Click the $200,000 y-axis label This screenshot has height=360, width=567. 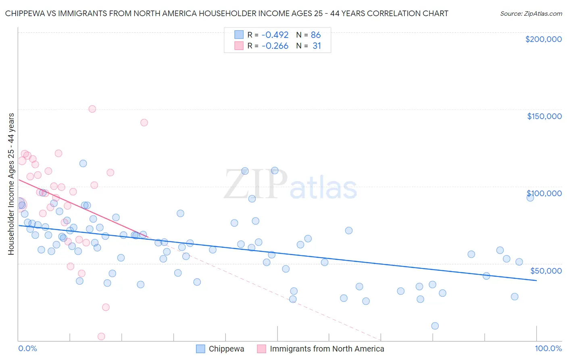(543, 39)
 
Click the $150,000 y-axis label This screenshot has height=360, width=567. (544, 116)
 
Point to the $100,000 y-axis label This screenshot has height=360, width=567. (544, 193)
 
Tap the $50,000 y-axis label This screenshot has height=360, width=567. (546, 270)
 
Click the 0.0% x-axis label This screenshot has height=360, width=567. (27, 348)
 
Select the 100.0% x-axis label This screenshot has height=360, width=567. (548, 348)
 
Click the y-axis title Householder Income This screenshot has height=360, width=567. (11, 184)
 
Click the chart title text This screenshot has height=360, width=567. (227, 13)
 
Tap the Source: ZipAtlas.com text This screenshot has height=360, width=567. (531, 13)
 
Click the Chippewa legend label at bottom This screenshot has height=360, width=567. (226, 349)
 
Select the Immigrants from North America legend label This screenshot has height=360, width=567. (327, 349)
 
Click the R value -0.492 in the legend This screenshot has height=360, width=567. (275, 35)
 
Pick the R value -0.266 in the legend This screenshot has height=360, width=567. (275, 46)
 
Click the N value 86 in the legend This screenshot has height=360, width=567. (316, 35)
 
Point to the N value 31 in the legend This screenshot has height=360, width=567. (317, 46)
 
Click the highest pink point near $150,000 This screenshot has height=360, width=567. (92, 109)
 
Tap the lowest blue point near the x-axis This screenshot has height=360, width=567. (435, 326)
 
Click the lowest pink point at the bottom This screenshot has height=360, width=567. (101, 337)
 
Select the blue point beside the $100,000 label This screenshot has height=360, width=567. (530, 197)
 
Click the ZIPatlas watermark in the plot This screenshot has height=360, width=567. (290, 185)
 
